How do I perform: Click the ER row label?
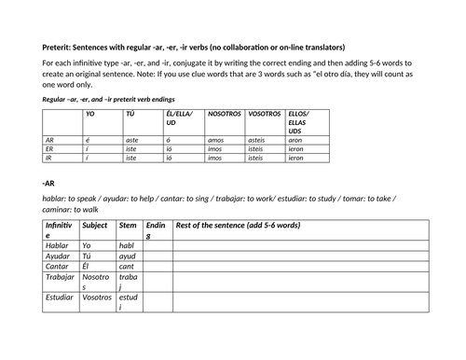click(x=49, y=149)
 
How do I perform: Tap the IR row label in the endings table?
click(x=48, y=159)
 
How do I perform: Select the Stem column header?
click(x=129, y=226)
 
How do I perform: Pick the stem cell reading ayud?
click(x=129, y=256)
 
